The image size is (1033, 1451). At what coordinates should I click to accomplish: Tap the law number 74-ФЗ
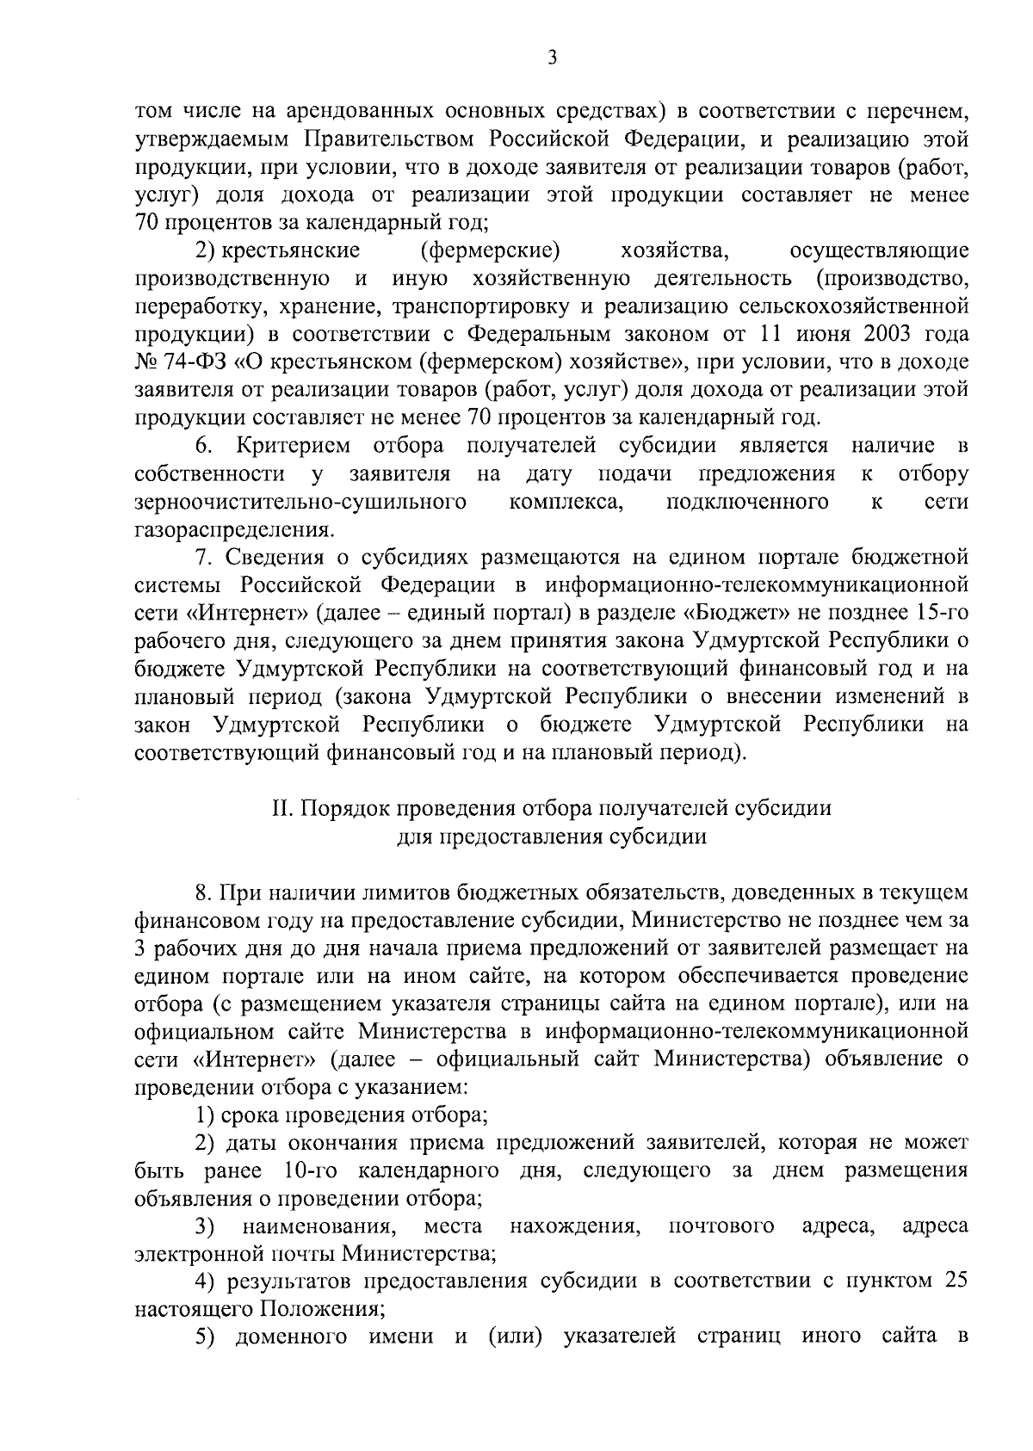(178, 361)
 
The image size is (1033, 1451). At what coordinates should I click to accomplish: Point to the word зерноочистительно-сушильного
(300, 501)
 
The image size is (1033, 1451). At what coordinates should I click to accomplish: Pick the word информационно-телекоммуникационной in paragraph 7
(756, 585)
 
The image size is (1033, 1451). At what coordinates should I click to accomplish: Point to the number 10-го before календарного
(312, 1170)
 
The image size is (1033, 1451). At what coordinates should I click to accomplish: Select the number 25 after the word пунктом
(956, 1281)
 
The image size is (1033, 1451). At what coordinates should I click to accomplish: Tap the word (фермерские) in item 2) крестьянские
(490, 250)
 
